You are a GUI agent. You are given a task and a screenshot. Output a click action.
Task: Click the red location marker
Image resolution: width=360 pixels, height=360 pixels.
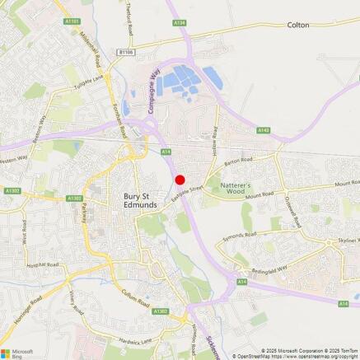[180, 179]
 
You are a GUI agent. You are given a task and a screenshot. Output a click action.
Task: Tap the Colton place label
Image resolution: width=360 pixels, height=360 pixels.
[298, 26]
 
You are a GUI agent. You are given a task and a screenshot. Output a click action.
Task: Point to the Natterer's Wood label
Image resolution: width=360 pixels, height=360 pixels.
[241, 191]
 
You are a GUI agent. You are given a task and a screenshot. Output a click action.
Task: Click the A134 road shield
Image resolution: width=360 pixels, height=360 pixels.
[180, 23]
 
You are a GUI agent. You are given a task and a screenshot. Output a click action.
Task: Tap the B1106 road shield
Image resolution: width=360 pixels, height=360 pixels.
[125, 51]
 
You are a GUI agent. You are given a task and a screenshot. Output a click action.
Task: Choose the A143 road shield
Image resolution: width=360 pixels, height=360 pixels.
[264, 129]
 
